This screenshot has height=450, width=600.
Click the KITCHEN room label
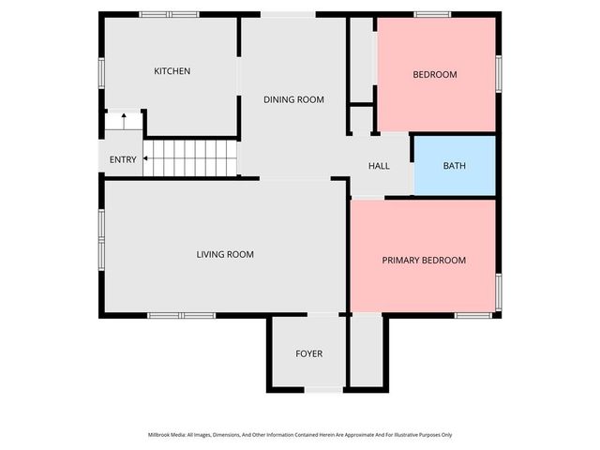click(x=172, y=71)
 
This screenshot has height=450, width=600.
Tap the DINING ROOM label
click(x=293, y=99)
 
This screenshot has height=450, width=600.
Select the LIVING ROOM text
click(x=225, y=254)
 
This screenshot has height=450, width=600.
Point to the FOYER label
click(x=308, y=353)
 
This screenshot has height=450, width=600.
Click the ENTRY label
click(x=123, y=159)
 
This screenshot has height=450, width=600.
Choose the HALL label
click(x=379, y=166)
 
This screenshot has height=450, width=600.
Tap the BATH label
click(x=454, y=166)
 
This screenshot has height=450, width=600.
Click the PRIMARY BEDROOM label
click(x=424, y=260)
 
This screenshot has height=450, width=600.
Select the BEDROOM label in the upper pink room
click(x=435, y=74)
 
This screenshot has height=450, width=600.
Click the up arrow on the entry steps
click(x=122, y=121)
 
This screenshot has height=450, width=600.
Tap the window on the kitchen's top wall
click(x=170, y=14)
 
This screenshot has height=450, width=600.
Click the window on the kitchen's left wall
click(x=101, y=74)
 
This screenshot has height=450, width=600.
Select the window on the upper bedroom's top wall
click(x=432, y=14)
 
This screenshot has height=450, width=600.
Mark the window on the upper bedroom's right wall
click(x=499, y=74)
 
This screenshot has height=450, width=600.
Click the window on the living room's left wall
click(x=101, y=240)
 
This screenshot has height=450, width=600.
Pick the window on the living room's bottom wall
click(x=182, y=315)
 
